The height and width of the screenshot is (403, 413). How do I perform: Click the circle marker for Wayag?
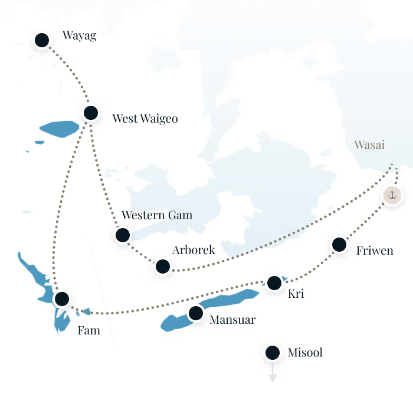coord(41,41)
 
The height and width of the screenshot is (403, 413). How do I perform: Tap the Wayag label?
coord(80,36)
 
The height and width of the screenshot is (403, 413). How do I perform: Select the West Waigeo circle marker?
coord(91,112)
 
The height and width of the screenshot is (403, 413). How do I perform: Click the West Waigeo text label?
coord(145,119)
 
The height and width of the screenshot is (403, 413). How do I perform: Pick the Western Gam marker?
coord(122,235)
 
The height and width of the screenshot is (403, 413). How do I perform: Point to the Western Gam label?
coord(157,215)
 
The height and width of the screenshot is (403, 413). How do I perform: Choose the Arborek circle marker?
coord(163,266)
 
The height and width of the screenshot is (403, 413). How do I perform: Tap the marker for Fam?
coord(62,299)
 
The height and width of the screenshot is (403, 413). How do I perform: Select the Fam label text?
coord(88,330)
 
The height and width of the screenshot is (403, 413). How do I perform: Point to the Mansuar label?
coord(233,320)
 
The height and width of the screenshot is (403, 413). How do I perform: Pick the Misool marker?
coord(273,353)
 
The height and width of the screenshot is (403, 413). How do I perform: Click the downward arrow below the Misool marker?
coord(273,378)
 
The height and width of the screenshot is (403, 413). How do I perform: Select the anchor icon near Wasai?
coord(392,194)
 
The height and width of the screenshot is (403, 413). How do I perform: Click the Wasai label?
coord(369,145)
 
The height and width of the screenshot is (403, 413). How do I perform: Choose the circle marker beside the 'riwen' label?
coord(339,244)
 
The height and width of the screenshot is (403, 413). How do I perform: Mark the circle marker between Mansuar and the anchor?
coord(274,283)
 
